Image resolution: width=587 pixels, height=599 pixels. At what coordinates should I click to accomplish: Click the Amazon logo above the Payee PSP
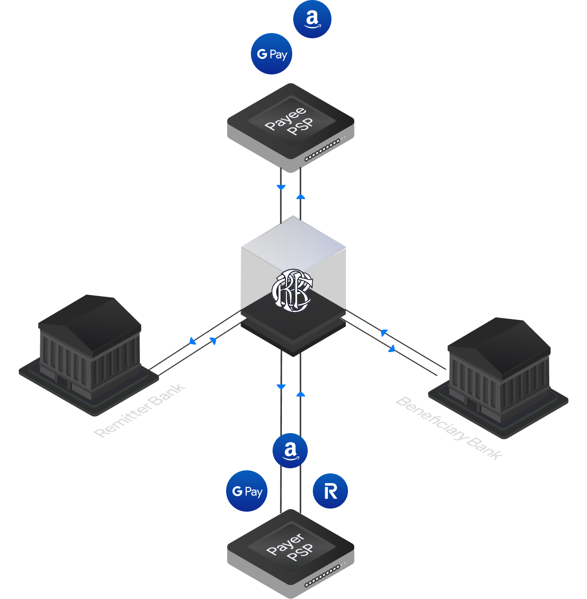[312, 19]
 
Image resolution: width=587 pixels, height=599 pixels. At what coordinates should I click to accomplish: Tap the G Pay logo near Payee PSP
[272, 54]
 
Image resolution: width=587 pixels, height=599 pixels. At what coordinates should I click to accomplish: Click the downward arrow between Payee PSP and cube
[281, 187]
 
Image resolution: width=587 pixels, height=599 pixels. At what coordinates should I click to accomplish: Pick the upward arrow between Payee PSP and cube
[300, 196]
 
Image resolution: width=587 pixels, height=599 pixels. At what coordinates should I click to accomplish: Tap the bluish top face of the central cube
[293, 241]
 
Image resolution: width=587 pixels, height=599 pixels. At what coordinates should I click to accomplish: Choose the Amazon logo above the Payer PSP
[290, 450]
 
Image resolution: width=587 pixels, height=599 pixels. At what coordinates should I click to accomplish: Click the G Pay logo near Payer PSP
[247, 491]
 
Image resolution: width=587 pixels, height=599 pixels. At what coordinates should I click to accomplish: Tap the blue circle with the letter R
[330, 491]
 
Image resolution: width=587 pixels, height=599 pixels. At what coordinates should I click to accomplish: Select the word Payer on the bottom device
[285, 544]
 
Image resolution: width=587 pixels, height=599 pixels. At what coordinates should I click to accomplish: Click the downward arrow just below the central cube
[281, 387]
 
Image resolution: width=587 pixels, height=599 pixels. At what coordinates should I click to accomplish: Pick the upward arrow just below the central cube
[300, 394]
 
